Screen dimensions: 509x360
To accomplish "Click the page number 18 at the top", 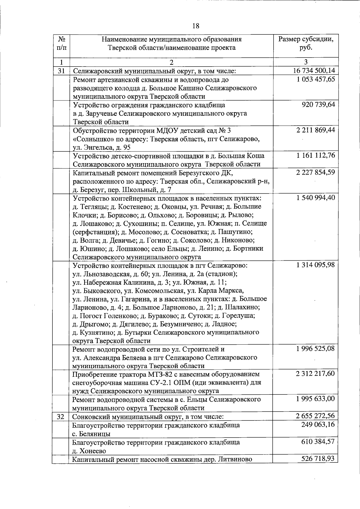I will pos(195,26).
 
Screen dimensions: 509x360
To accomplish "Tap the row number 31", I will pos(61,71).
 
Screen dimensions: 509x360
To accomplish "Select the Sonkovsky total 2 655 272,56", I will pos(315,416).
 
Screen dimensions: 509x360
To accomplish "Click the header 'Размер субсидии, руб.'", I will pos(306,43).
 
